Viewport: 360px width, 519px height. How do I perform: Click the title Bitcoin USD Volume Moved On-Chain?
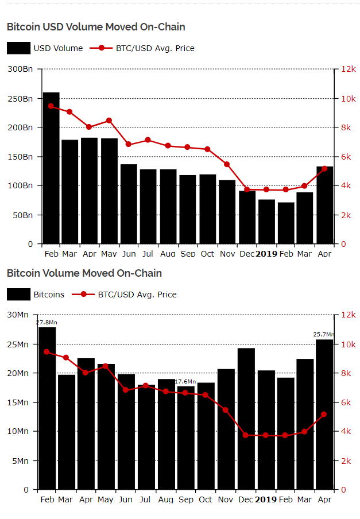[x=96, y=27]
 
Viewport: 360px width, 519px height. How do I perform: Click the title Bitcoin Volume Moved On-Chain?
[x=84, y=273]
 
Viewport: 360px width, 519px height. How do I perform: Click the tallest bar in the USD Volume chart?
[x=51, y=168]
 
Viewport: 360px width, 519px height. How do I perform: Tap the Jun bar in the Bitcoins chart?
[x=126, y=432]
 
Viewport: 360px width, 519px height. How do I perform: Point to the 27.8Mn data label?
[x=47, y=323]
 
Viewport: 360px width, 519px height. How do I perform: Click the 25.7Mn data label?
[x=323, y=335]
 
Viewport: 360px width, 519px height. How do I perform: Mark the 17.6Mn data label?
[x=185, y=382]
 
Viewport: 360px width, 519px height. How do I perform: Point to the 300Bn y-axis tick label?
[x=21, y=69]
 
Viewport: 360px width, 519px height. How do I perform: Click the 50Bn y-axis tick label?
[x=23, y=215]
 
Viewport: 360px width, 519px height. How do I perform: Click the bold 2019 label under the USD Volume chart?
[x=266, y=253]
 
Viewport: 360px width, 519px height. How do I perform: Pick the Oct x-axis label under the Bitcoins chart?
[x=206, y=499]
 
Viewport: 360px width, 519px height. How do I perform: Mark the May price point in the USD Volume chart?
[x=109, y=121]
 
